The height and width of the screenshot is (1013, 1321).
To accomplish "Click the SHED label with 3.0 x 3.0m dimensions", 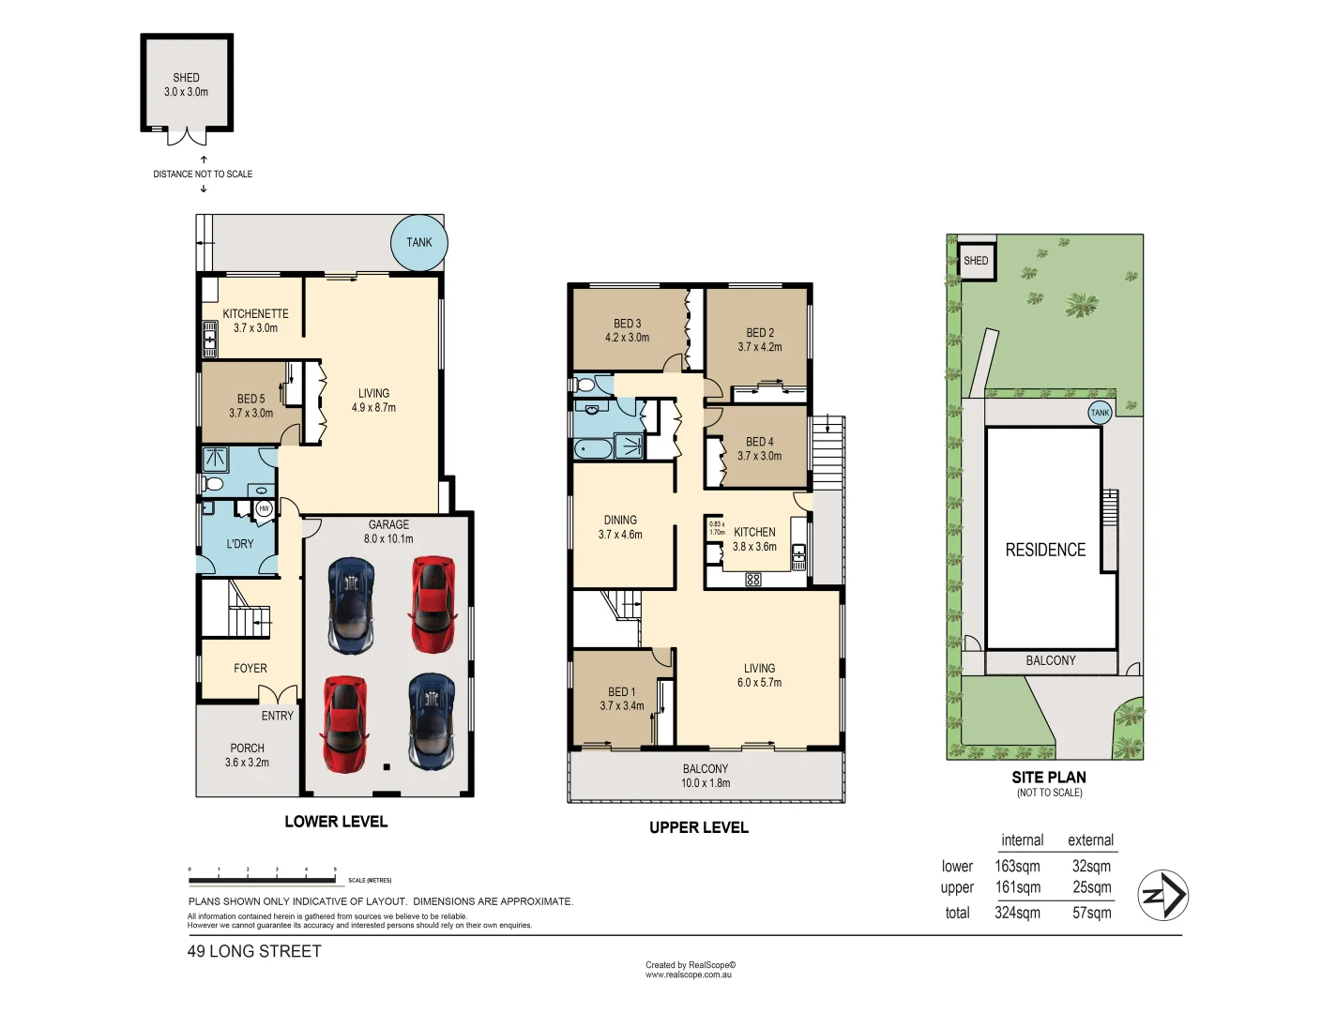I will (186, 84).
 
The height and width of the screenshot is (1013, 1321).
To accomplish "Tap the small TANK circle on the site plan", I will (1100, 413).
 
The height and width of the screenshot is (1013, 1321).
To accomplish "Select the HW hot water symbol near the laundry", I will (264, 508).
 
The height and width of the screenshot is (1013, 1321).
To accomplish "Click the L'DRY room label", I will (240, 544).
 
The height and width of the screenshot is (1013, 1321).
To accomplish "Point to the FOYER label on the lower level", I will (251, 669).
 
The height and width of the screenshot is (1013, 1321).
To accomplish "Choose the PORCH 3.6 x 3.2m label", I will (247, 756).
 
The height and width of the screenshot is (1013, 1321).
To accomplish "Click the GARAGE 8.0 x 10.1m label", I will (388, 532).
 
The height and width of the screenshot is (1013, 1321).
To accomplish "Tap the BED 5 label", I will (251, 406).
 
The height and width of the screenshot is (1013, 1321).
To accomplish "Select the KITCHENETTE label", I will (255, 321).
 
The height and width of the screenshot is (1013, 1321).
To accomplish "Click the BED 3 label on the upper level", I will (627, 330).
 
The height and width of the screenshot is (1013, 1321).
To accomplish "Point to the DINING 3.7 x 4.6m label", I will (620, 527).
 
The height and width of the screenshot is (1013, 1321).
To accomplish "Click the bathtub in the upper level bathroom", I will (593, 448).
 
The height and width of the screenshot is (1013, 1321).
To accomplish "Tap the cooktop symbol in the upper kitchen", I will (753, 580).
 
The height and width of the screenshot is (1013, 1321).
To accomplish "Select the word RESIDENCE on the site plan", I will (1045, 551).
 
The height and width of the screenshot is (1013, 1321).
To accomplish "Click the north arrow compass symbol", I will (1162, 895).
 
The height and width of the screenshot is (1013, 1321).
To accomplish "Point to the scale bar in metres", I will (262, 880).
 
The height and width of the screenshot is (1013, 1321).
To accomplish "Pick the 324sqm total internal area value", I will (1017, 913).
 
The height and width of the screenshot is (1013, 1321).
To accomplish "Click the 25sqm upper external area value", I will (1091, 887).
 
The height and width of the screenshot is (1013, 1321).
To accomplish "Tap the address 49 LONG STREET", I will (254, 951).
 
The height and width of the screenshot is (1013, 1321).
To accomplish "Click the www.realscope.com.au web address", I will (688, 975).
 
